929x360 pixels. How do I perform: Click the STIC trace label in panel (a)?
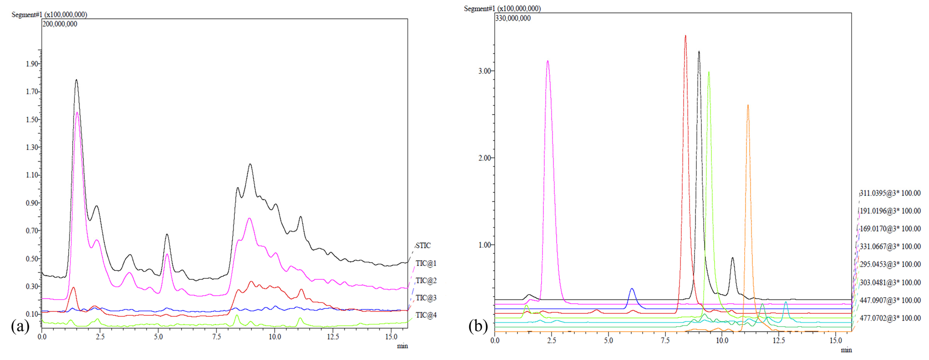[x=423, y=246]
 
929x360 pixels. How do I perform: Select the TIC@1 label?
[x=426, y=263]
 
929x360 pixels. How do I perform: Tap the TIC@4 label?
[x=426, y=315]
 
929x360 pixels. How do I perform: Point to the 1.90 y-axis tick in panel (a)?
[x=32, y=64]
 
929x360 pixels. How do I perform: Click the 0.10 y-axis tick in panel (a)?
[x=32, y=314]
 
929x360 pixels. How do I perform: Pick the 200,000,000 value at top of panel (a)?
[x=60, y=24]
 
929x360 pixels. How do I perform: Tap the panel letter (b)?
[x=478, y=326]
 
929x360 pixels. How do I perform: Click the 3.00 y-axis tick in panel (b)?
[x=485, y=71]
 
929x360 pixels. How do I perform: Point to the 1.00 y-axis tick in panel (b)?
[x=485, y=245]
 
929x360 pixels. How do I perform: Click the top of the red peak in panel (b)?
[x=685, y=36]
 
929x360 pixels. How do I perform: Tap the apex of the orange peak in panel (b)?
[x=748, y=105]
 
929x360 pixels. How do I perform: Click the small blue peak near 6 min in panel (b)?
[x=632, y=289]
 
